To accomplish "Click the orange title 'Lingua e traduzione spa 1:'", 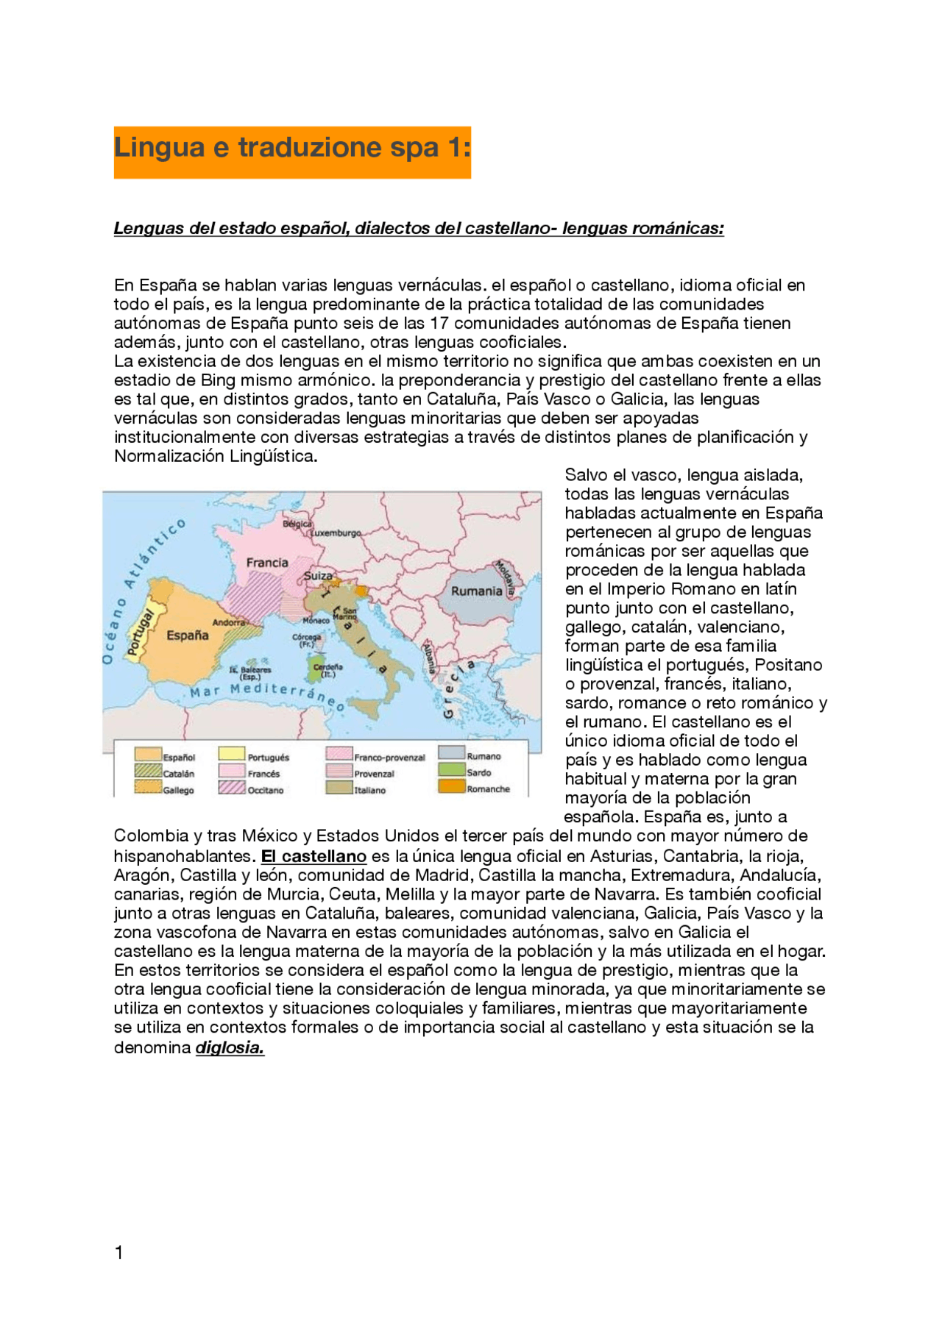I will pyautogui.click(x=292, y=148).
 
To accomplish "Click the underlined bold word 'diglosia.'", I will pyautogui.click(x=230, y=1048).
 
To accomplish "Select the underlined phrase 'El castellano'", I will pyautogui.click(x=314, y=857).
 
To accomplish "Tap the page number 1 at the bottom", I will pyautogui.click(x=119, y=1253).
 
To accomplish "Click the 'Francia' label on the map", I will pyautogui.click(x=267, y=563).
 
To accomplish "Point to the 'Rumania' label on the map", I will pyautogui.click(x=476, y=591).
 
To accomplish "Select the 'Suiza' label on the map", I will pyautogui.click(x=318, y=576).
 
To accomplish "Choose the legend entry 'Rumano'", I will pyautogui.click(x=484, y=756).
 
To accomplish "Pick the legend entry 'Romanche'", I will pyautogui.click(x=488, y=789).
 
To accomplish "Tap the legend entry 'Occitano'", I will pyautogui.click(x=265, y=791).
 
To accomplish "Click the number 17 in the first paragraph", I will pyautogui.click(x=440, y=324).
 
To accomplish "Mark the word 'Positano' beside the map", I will pyautogui.click(x=788, y=666).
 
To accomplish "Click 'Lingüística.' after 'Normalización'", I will pyautogui.click(x=273, y=457).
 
